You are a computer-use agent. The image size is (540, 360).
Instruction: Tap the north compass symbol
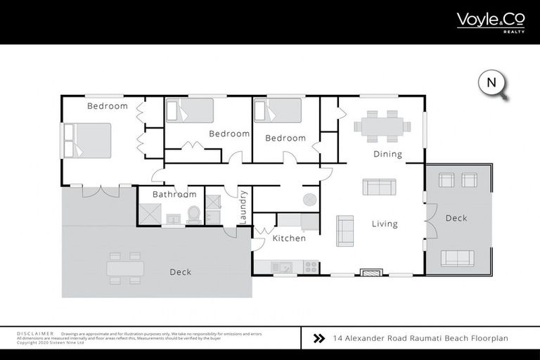pos(493,84)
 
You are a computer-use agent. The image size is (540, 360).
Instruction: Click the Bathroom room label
pos(174,194)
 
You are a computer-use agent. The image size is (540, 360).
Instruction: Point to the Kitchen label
pos(289,238)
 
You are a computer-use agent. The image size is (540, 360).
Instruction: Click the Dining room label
pos(387,154)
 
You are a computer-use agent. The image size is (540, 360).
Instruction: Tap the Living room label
pos(385,224)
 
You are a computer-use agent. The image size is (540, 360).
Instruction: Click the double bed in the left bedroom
pos(88,140)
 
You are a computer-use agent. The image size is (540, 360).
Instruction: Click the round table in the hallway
pos(309,200)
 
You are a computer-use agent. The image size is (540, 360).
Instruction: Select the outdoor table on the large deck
pos(125,268)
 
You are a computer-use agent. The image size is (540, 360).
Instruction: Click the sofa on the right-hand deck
pos(457,257)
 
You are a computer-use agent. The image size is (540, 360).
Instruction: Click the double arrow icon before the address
pos(319,338)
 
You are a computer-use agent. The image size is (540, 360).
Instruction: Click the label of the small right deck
pos(456,218)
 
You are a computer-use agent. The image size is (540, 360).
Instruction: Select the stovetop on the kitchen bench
pos(309,267)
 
